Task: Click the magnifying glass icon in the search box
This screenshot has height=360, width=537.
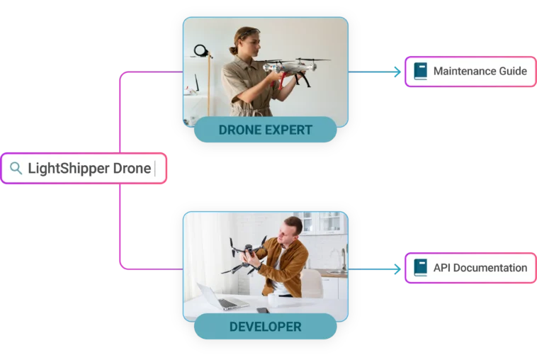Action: pos(15,169)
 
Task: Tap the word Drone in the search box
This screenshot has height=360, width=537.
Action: pos(132,169)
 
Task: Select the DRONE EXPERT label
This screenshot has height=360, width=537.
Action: pos(265,130)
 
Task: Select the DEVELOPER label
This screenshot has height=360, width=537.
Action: pos(265,327)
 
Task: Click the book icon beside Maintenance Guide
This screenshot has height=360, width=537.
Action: pos(421,72)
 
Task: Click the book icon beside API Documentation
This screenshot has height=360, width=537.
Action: pos(421,269)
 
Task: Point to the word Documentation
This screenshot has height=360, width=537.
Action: pos(490,268)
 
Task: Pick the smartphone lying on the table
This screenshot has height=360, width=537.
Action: pos(262,310)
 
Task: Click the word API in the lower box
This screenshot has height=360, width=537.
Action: pos(441,268)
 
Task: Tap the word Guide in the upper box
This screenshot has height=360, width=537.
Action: pos(514,72)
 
